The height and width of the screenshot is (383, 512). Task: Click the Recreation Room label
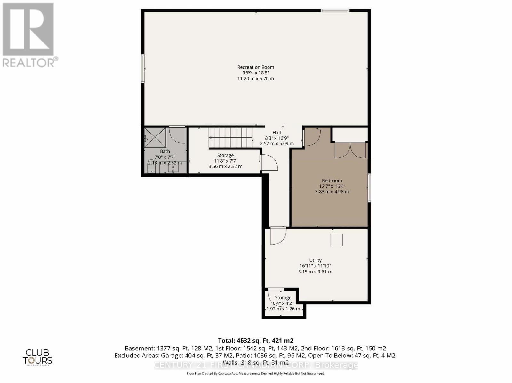(x=255, y=67)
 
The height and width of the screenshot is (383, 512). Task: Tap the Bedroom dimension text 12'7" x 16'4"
(x=332, y=186)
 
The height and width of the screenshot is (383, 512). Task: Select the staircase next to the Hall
(x=230, y=137)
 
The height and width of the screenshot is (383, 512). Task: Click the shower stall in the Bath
(x=155, y=137)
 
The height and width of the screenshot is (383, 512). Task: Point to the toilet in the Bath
(x=151, y=167)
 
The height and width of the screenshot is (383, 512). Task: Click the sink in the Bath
(x=173, y=168)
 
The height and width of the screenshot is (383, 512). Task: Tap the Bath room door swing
(x=177, y=135)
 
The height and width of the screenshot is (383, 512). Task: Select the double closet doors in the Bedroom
(x=350, y=150)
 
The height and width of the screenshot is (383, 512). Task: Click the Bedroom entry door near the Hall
(x=312, y=137)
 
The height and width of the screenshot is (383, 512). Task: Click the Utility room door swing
(x=277, y=236)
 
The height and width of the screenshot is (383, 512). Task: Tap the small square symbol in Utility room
(x=337, y=240)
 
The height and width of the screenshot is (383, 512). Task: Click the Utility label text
(x=315, y=260)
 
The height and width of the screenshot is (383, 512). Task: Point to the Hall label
(x=276, y=133)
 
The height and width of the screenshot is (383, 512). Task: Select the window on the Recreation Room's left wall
(x=143, y=69)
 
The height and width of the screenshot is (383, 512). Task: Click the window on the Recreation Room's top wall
(x=335, y=11)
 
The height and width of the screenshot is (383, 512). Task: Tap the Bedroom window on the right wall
(x=369, y=188)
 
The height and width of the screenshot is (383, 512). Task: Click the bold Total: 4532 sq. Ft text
(x=255, y=341)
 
